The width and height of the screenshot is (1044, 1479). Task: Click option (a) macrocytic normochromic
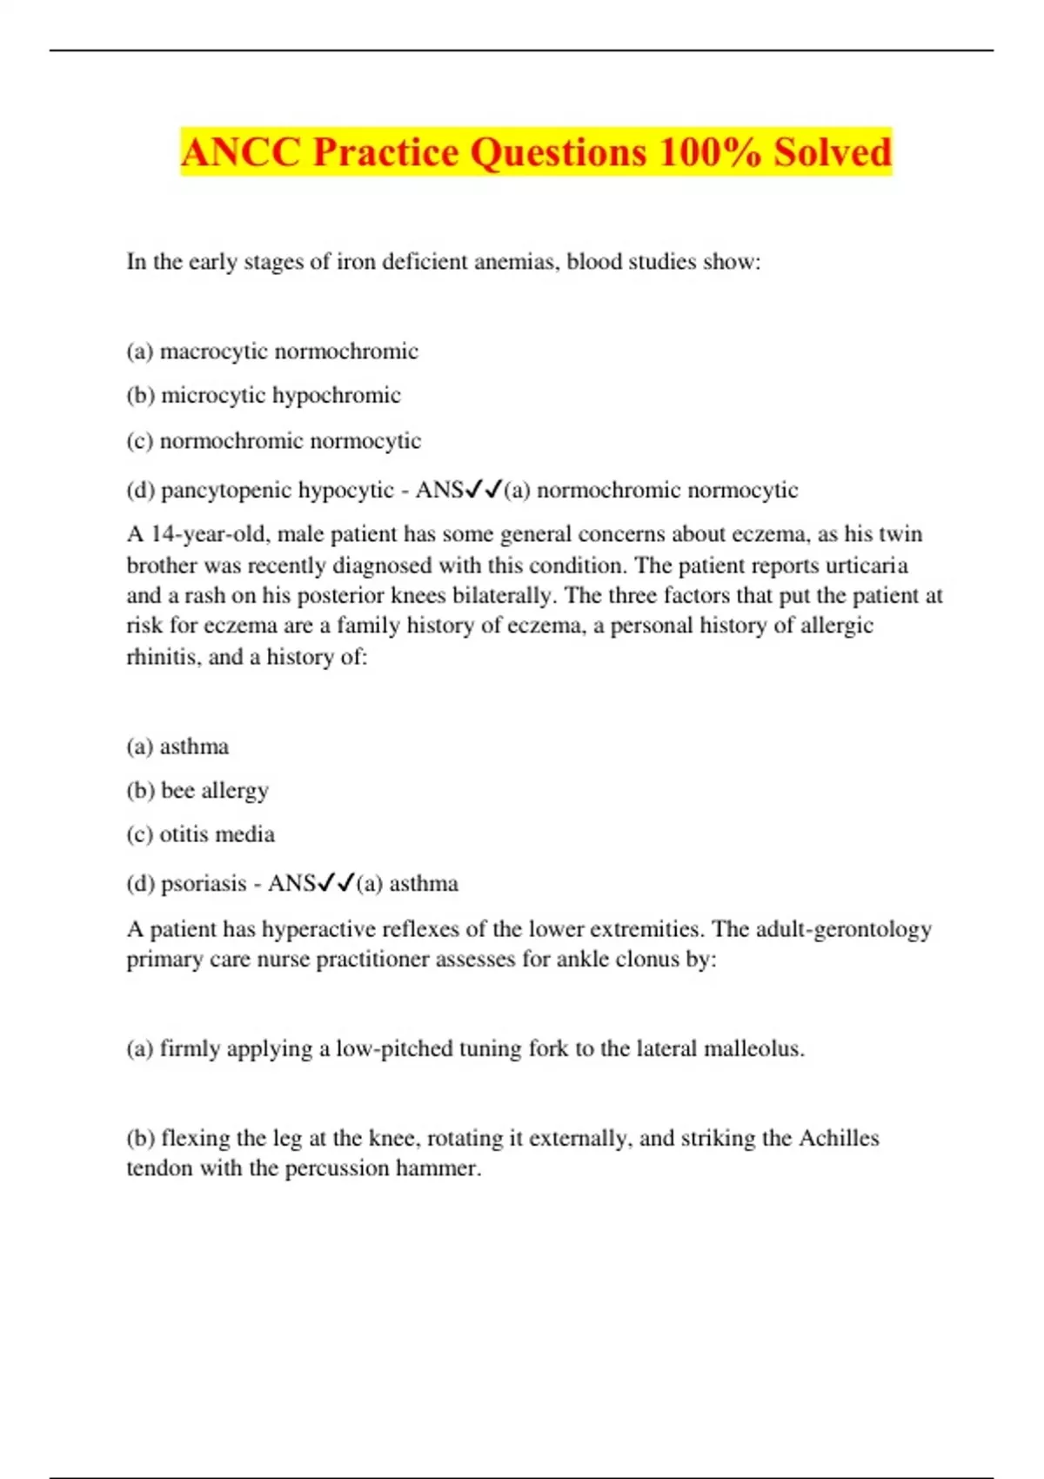tap(272, 351)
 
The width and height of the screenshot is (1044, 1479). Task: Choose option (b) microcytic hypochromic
tap(264, 395)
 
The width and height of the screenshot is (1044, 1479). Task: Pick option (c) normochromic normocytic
tap(273, 440)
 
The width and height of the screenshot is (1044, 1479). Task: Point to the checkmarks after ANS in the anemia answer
tap(485, 490)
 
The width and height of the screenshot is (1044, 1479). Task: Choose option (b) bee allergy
tap(197, 790)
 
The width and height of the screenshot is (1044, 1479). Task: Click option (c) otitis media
tap(200, 833)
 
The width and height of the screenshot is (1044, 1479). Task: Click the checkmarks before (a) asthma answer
tap(337, 883)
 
